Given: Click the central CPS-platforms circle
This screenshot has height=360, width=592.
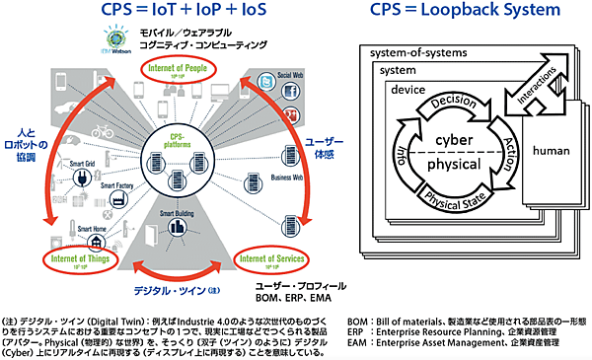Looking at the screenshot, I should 179,159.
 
